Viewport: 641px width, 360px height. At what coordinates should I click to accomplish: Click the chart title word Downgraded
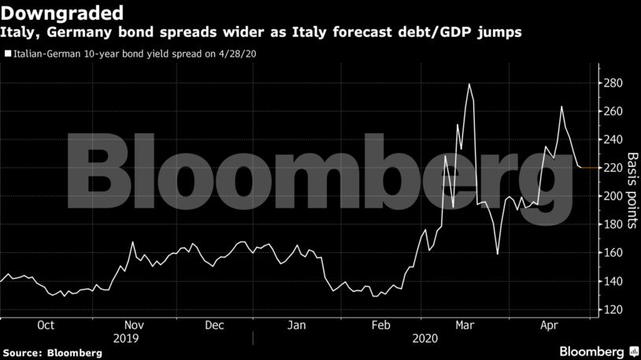(63, 13)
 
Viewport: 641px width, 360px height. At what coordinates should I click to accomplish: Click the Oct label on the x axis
(46, 325)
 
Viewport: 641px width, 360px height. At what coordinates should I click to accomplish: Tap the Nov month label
(134, 325)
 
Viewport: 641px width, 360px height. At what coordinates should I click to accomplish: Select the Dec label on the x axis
(214, 325)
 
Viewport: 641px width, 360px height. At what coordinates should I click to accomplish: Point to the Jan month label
(297, 325)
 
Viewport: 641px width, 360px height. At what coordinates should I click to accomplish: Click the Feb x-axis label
(381, 325)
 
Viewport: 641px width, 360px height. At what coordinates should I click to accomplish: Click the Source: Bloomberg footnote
(53, 352)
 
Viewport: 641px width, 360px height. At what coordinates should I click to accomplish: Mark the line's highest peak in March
(469, 84)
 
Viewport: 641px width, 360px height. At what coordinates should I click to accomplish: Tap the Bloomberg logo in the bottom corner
(592, 351)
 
